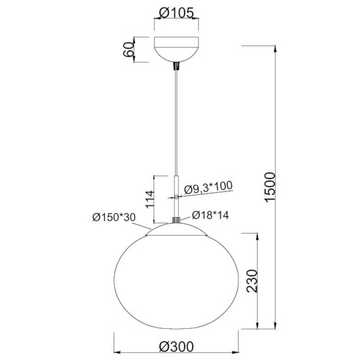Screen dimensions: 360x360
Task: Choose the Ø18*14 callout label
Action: [209, 215]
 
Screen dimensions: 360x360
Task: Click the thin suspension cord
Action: [176, 120]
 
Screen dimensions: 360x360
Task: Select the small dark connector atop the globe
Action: [176, 220]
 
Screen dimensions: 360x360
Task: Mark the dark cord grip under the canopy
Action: [176, 65]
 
